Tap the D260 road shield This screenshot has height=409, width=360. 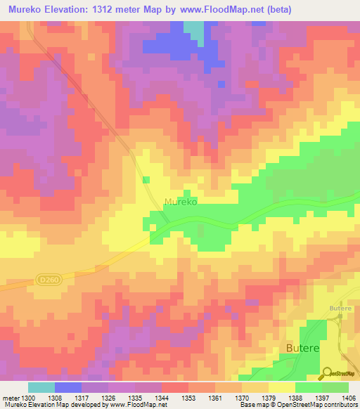[x=46, y=279]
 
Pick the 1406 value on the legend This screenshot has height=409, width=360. [x=349, y=398]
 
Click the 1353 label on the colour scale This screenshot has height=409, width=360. [x=188, y=398]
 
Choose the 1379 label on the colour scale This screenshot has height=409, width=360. [x=269, y=398]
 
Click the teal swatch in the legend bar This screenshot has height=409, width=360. [x=41, y=387]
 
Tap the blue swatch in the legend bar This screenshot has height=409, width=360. [x=67, y=387]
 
